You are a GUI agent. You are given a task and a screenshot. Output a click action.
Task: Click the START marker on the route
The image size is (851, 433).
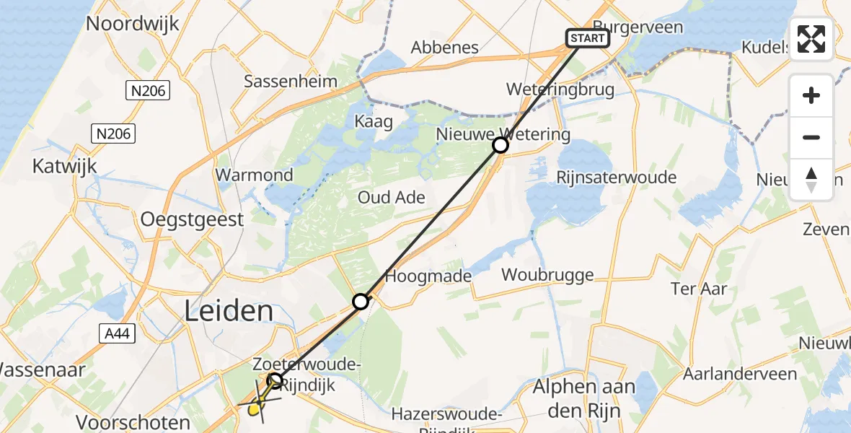588,38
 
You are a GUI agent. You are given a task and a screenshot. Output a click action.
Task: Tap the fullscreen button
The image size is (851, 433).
811,38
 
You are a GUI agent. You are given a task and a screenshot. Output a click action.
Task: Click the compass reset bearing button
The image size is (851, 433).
811,180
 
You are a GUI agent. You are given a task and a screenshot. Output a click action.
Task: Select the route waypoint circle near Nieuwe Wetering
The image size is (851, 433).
501,146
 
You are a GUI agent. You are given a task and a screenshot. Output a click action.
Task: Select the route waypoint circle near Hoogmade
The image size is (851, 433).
361,302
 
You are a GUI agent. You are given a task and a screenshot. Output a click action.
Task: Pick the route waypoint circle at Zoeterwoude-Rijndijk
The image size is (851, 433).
275,380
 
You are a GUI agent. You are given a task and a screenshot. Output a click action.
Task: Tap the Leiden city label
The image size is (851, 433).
229,312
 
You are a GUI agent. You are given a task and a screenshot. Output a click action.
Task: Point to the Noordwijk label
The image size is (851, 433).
132,23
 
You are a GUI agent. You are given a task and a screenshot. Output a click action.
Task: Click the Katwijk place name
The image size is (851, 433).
64,167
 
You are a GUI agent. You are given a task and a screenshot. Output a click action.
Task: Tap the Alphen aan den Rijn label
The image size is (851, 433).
584,396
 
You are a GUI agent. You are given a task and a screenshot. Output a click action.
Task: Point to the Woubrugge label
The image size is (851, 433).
547,274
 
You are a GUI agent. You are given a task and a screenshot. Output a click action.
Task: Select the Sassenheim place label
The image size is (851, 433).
290,81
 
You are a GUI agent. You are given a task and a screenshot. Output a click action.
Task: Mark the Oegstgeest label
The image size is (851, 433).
193,219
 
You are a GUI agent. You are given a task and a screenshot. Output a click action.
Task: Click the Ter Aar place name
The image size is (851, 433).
698,289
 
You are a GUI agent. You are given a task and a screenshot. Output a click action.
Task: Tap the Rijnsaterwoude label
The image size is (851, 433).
616,178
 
